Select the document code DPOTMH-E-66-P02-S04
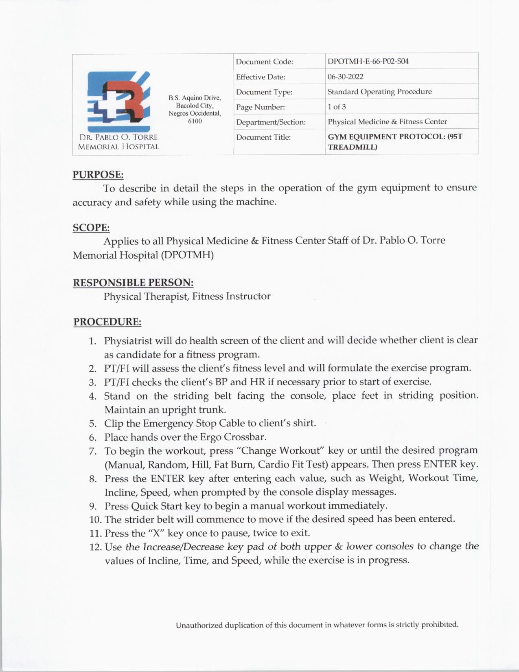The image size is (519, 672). (368, 61)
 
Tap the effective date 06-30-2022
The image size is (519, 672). (346, 77)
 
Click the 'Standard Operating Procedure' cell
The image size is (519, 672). (379, 92)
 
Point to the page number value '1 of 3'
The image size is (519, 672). (337, 107)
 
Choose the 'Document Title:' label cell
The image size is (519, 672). (263, 137)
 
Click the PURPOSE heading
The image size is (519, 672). (98, 175)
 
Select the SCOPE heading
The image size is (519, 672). (91, 228)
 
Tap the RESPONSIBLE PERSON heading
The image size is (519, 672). (133, 283)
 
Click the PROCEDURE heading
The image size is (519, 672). (107, 322)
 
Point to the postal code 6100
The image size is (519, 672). (195, 121)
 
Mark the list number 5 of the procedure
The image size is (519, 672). (93, 424)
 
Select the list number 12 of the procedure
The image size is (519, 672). (95, 547)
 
